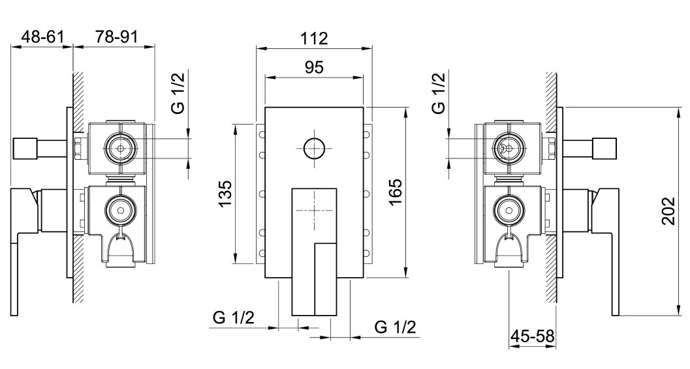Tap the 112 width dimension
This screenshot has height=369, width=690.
(314, 38)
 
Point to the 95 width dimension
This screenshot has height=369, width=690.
(314, 67)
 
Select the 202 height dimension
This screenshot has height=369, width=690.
(668, 211)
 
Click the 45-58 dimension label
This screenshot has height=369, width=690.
(532, 336)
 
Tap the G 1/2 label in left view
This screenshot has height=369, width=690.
(178, 94)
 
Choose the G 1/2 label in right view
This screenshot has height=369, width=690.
(439, 94)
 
